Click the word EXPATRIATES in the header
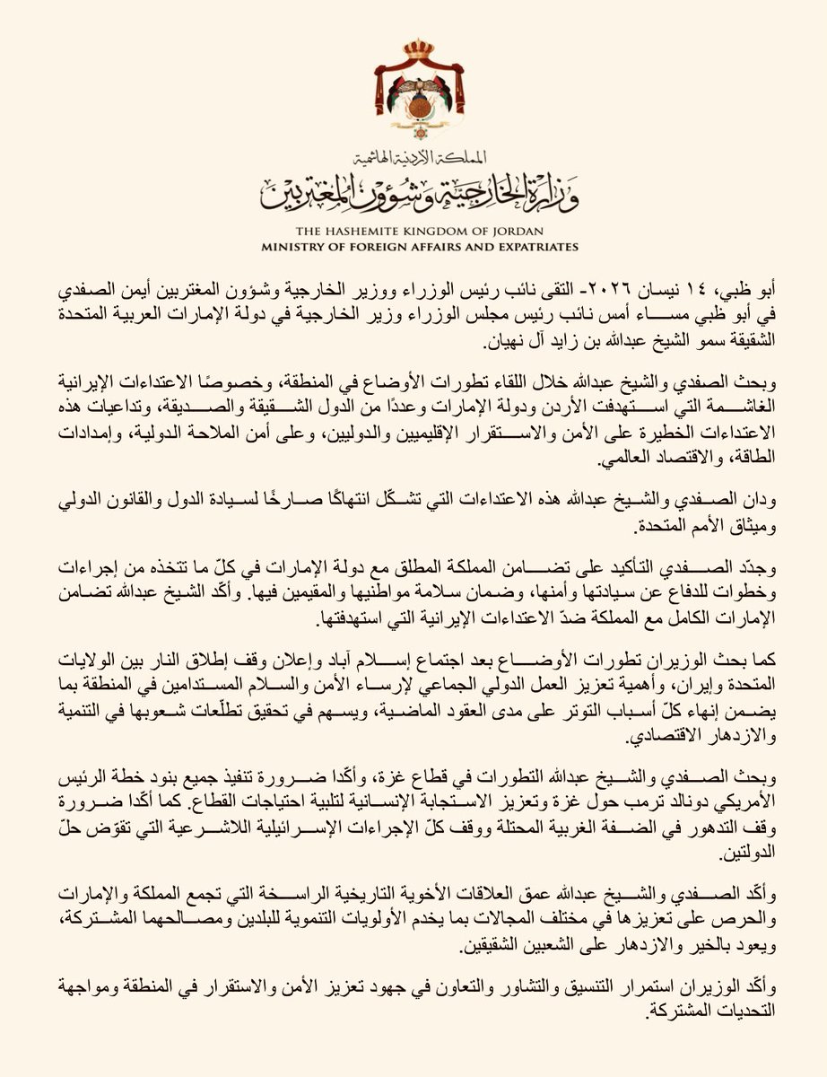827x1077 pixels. coord(532,246)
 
